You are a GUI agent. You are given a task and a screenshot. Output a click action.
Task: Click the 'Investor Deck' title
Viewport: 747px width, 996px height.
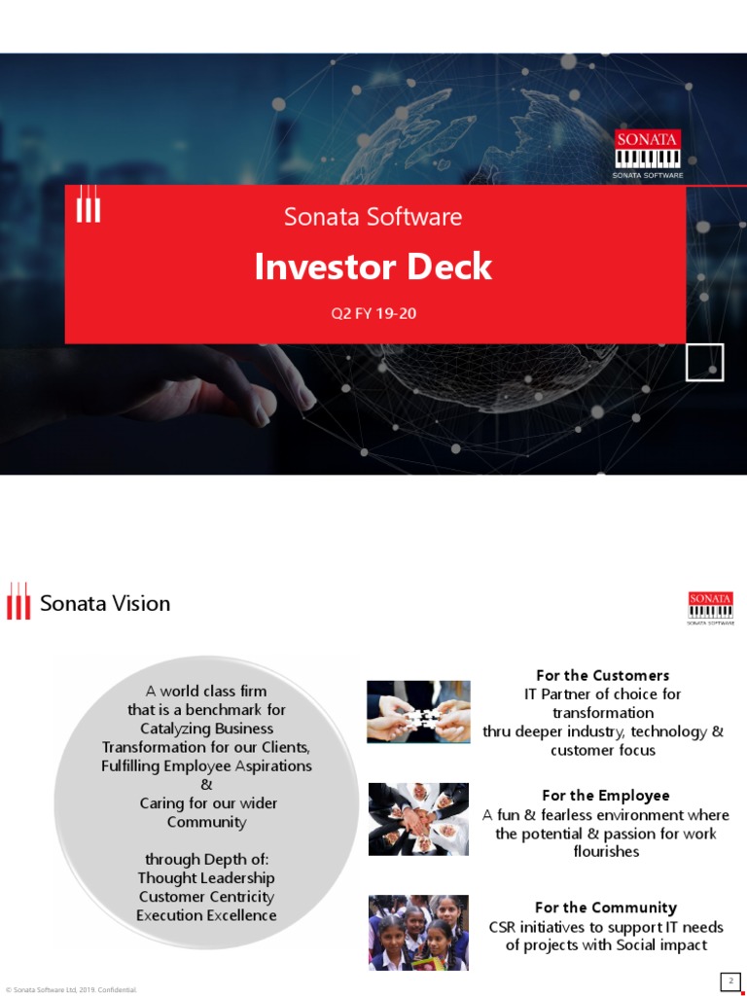[x=373, y=267]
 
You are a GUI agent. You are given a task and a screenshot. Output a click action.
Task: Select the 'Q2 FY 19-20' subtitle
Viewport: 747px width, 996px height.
[x=373, y=314]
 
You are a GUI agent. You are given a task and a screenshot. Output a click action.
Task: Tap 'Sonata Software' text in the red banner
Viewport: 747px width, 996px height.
[x=373, y=217]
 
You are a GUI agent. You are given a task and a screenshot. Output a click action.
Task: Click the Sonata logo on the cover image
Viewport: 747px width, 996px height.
[x=648, y=154]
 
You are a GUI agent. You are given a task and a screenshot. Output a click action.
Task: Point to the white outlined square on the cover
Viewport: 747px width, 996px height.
[x=704, y=362]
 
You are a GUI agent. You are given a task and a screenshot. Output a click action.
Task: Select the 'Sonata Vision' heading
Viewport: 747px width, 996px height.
[x=105, y=603]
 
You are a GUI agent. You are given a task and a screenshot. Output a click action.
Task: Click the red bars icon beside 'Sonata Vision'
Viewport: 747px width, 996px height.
[x=18, y=601]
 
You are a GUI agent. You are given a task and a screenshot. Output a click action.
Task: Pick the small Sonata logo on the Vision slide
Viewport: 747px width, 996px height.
[x=710, y=608]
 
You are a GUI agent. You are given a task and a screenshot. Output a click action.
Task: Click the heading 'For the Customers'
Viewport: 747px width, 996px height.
[x=603, y=675]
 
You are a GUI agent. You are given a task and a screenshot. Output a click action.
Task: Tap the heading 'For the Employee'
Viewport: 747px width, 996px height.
[x=606, y=796]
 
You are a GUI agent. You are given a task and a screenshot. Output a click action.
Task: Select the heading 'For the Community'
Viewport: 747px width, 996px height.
[x=606, y=907]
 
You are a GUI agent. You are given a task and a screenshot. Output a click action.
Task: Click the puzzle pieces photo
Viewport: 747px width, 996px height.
[x=418, y=712]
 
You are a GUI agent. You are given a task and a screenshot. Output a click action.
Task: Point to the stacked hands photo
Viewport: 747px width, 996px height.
[x=418, y=819]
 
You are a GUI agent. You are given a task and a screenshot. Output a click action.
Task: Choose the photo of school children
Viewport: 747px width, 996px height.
[x=418, y=932]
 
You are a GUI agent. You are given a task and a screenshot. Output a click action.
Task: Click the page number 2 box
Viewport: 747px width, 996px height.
[x=729, y=979]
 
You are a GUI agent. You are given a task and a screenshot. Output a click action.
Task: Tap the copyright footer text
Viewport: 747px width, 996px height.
[x=72, y=989]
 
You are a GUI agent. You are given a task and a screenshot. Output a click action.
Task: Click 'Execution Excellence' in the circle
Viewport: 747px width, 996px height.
[x=206, y=915]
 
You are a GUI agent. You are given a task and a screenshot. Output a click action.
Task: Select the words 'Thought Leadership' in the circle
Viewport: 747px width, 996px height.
[x=206, y=878]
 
